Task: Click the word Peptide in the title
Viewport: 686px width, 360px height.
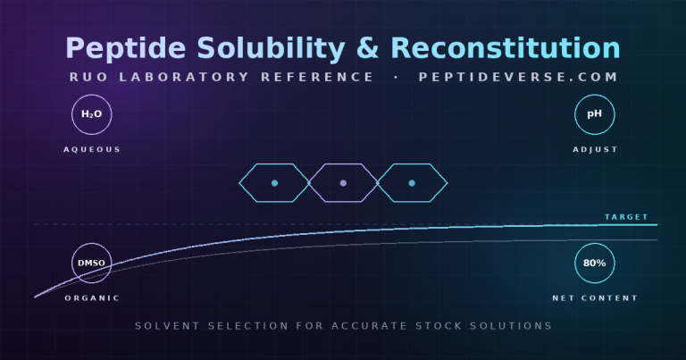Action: (x=126, y=48)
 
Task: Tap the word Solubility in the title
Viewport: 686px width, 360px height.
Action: (x=271, y=48)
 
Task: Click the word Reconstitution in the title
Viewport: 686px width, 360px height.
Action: (x=506, y=47)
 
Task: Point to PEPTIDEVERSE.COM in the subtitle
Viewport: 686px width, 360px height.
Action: (x=518, y=77)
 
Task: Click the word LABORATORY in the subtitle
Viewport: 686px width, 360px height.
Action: (x=184, y=77)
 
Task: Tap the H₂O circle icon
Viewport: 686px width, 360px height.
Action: (x=92, y=114)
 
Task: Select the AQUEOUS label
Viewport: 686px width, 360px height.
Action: (x=92, y=149)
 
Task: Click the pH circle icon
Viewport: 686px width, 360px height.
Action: (x=595, y=114)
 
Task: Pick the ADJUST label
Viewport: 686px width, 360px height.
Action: (x=595, y=149)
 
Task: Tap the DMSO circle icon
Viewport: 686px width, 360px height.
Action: (x=92, y=264)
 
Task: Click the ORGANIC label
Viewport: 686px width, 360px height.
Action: (x=92, y=298)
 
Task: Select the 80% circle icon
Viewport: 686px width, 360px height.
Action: (x=595, y=264)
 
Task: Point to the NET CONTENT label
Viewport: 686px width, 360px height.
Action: (x=595, y=298)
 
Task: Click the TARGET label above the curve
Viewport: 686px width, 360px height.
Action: (x=626, y=217)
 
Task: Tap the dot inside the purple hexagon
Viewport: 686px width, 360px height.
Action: (x=343, y=183)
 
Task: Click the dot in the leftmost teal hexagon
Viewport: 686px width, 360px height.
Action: (x=274, y=183)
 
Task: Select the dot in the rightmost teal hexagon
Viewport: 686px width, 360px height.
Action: (x=412, y=183)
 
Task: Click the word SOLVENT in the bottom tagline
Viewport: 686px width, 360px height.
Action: (x=167, y=326)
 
